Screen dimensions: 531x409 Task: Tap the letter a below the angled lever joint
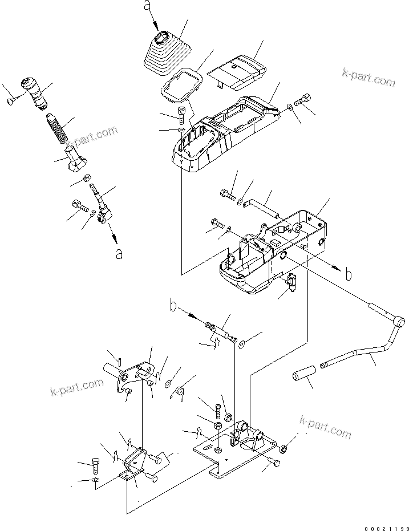click(x=119, y=253)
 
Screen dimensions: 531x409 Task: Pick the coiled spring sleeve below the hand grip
click(x=57, y=128)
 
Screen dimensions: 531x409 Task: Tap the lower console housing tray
click(x=268, y=251)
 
